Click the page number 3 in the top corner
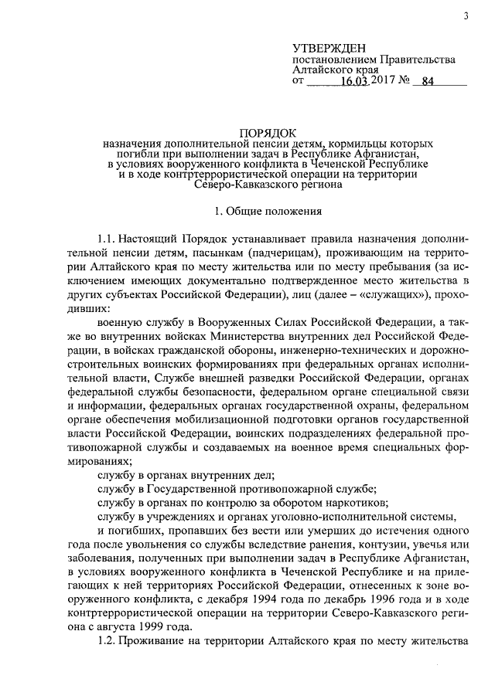466,17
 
